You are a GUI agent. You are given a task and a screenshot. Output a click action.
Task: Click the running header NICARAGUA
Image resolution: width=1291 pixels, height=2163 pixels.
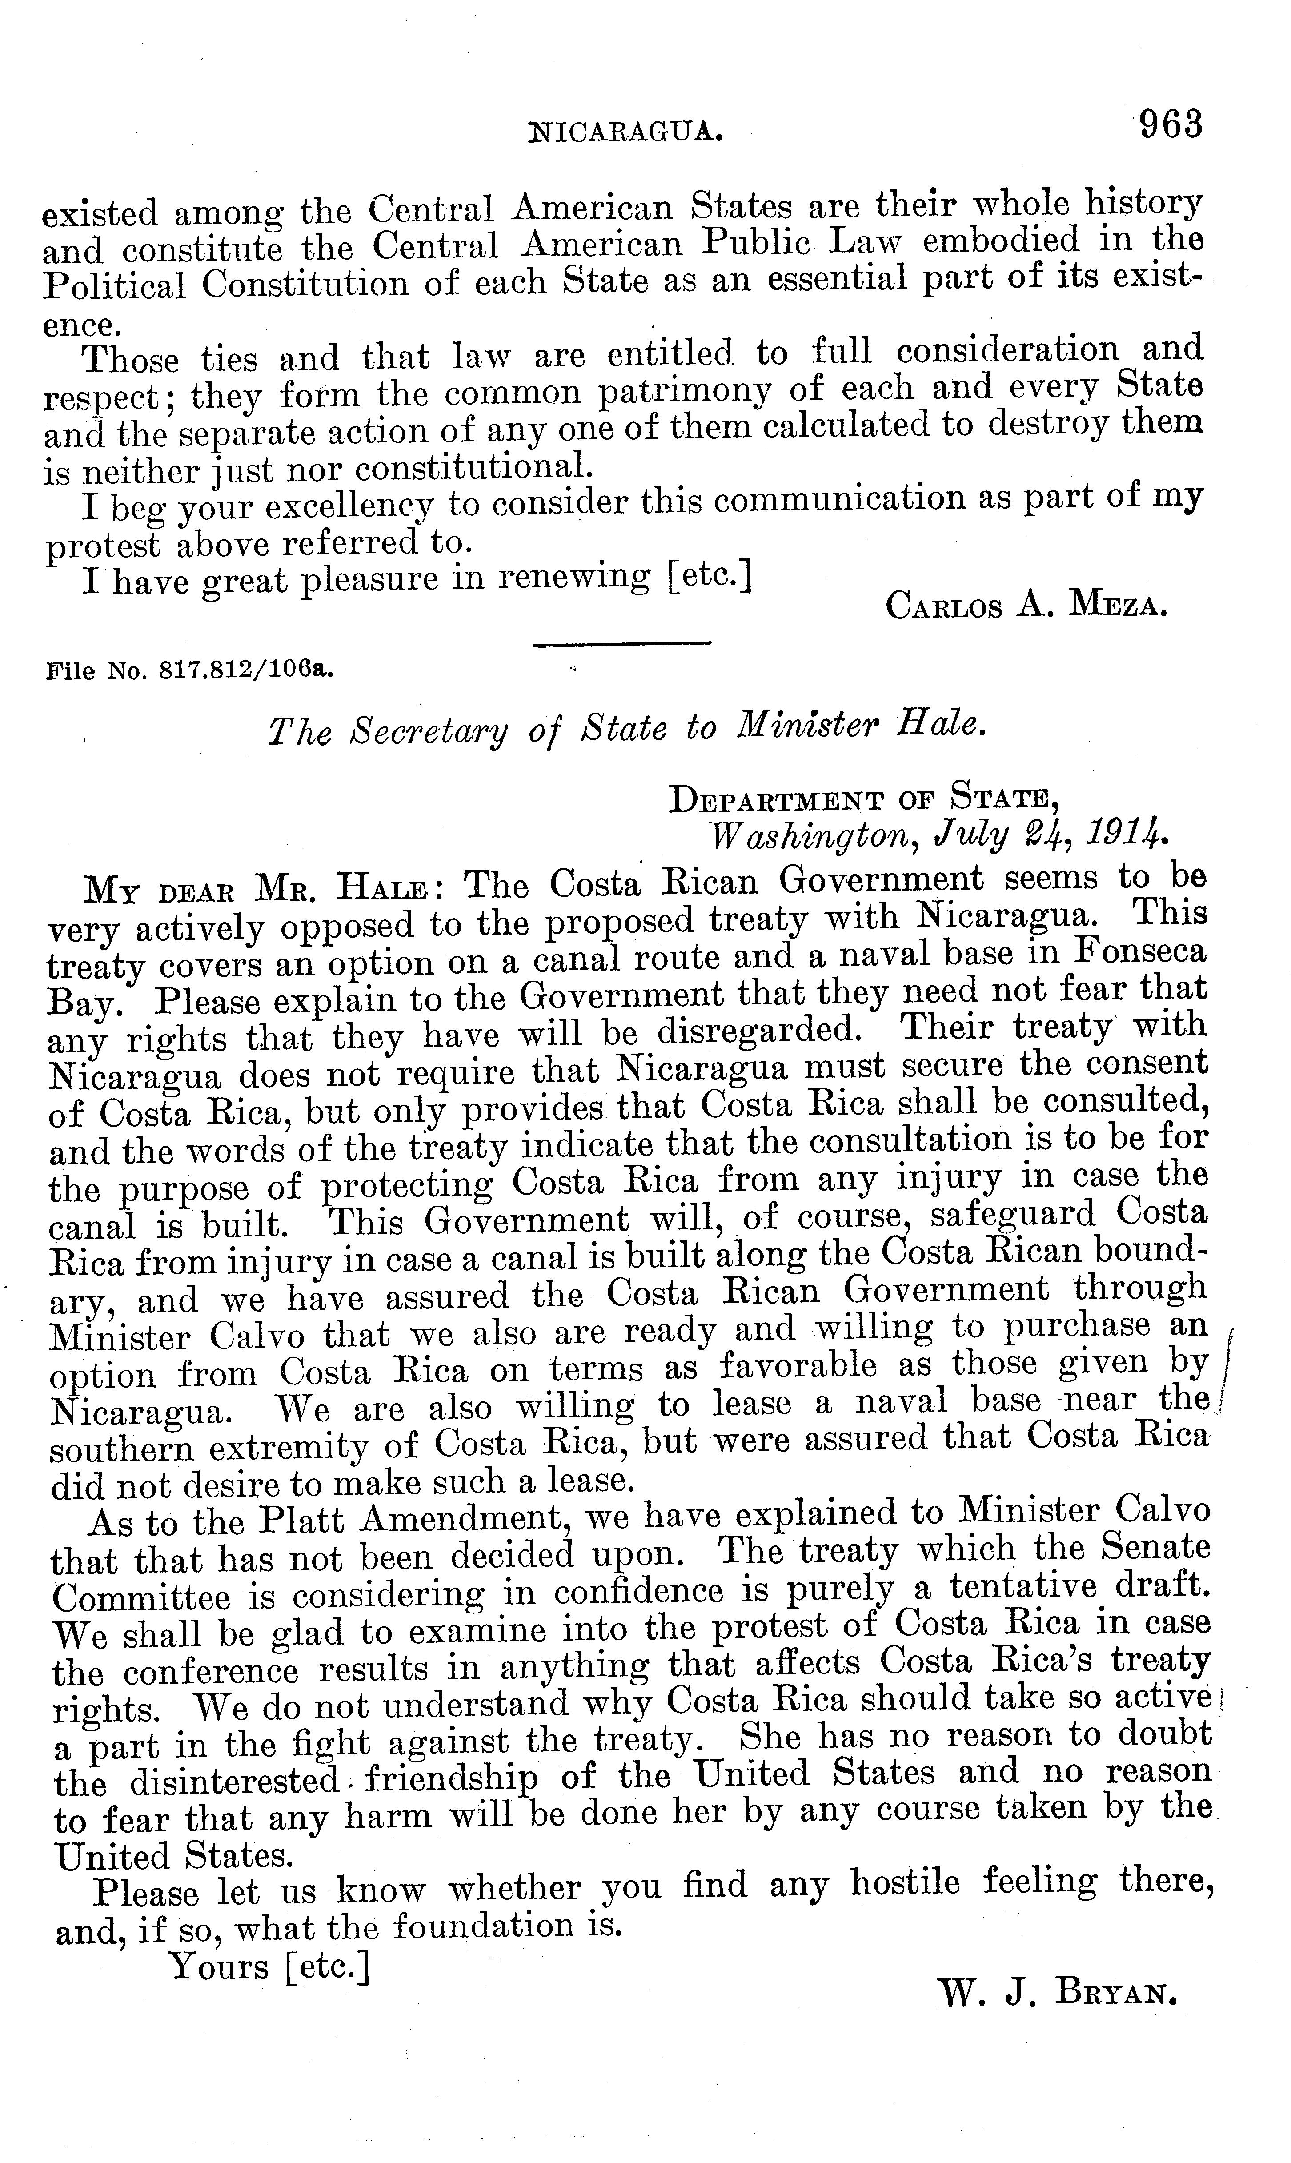[626, 132]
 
